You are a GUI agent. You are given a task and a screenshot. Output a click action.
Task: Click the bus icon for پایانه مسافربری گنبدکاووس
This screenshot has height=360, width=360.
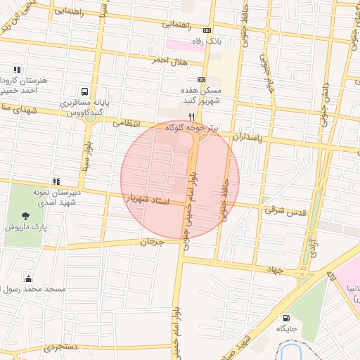coord(85,91)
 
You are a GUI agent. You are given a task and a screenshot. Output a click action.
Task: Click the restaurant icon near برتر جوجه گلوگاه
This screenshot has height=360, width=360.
coord(190,117)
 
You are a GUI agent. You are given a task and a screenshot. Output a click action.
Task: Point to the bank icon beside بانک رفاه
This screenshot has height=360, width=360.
coord(207,31)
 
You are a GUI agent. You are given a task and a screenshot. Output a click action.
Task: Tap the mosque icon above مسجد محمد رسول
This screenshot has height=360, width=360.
coord(28,278)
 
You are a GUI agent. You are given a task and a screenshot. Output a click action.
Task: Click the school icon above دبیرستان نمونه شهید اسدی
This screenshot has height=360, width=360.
coord(56,181)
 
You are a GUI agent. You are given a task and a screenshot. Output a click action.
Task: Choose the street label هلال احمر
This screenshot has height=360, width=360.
coord(169,61)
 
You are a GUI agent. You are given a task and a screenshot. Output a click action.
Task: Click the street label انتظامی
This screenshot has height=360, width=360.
coord(127,122)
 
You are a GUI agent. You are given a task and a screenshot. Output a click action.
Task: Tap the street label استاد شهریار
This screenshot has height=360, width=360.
coord(147,201)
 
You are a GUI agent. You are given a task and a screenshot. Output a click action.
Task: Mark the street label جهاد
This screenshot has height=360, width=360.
coord(274,269)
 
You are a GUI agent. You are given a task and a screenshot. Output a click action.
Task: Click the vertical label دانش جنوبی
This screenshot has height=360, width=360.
coord(325,98)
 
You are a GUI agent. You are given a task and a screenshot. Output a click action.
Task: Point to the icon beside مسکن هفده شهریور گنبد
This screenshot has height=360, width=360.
coord(202,80)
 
